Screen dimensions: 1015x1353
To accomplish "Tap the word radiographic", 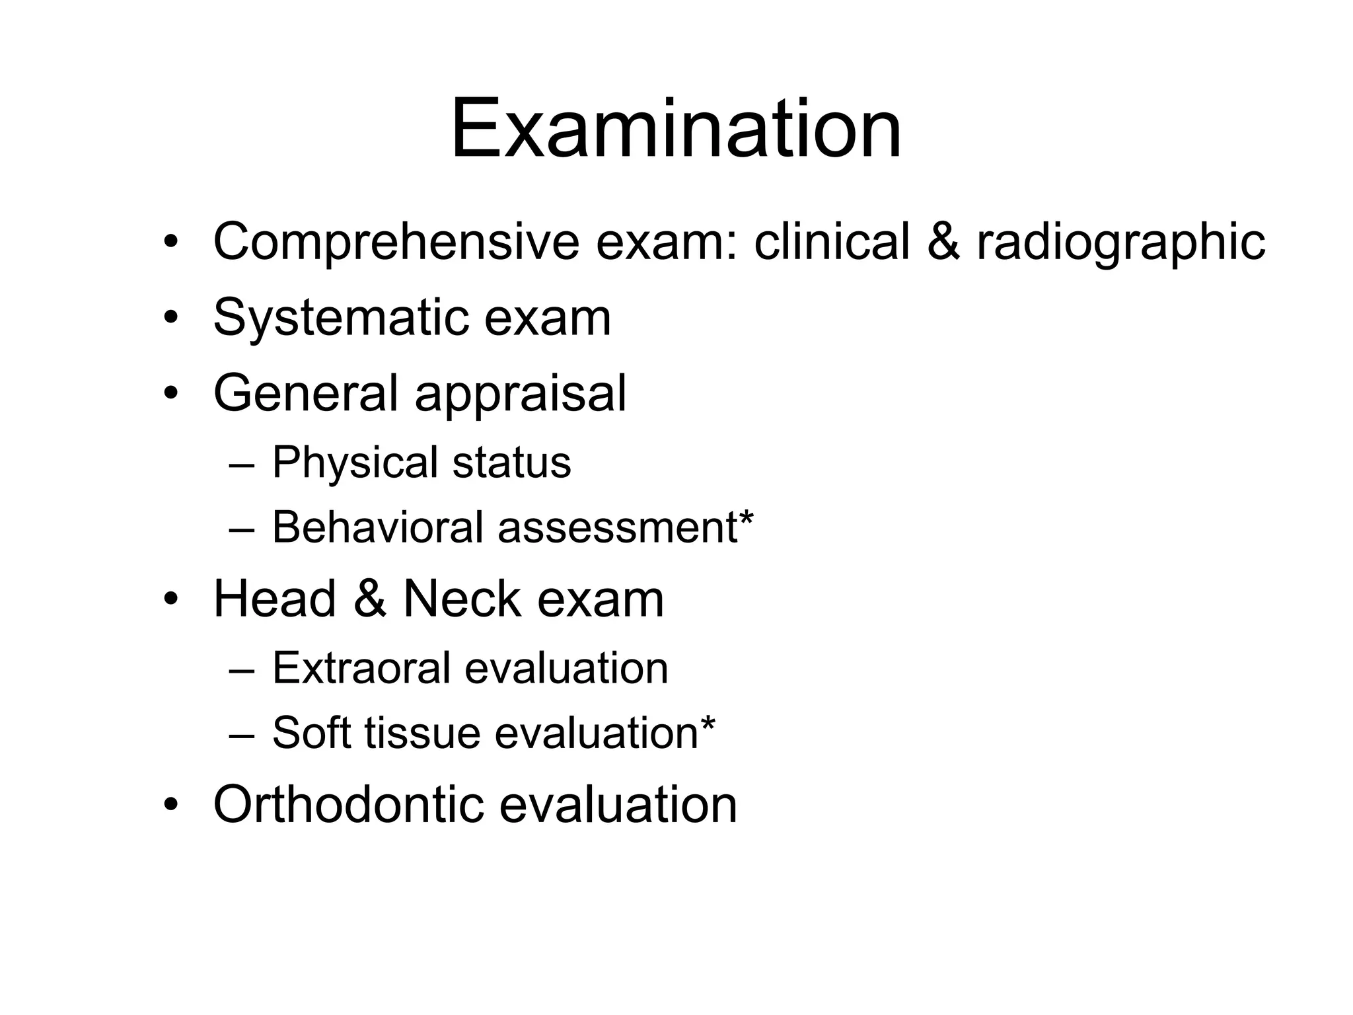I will pos(1120,243).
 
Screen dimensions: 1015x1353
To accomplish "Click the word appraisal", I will pos(520,395).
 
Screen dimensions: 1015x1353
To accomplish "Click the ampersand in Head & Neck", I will pos(369,599).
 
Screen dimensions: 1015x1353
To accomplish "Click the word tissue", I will pos(422,733).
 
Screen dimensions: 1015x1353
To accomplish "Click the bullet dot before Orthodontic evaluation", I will pos(171,806).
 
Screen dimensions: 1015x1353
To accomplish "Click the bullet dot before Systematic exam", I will pos(171,319).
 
